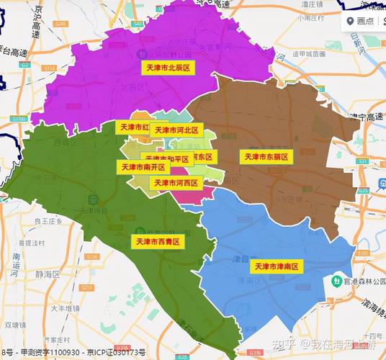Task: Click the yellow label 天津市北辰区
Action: (x=168, y=67)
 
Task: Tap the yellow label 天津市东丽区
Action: (x=266, y=156)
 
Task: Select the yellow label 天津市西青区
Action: (x=157, y=241)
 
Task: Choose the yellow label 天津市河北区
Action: (x=176, y=130)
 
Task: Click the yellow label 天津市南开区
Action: (x=142, y=167)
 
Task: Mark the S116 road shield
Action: (x=91, y=256)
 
